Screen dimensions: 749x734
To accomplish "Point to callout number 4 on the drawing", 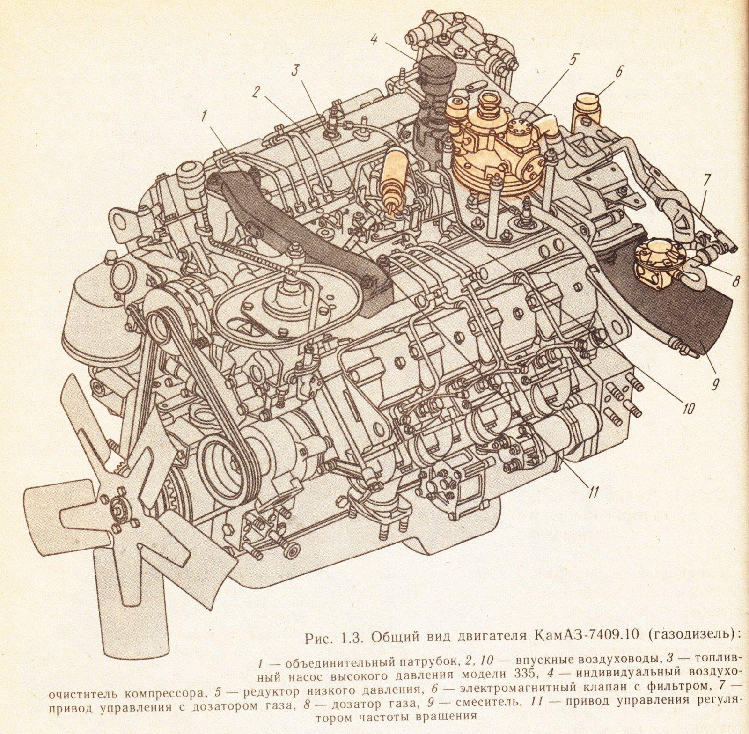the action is [374, 39].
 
